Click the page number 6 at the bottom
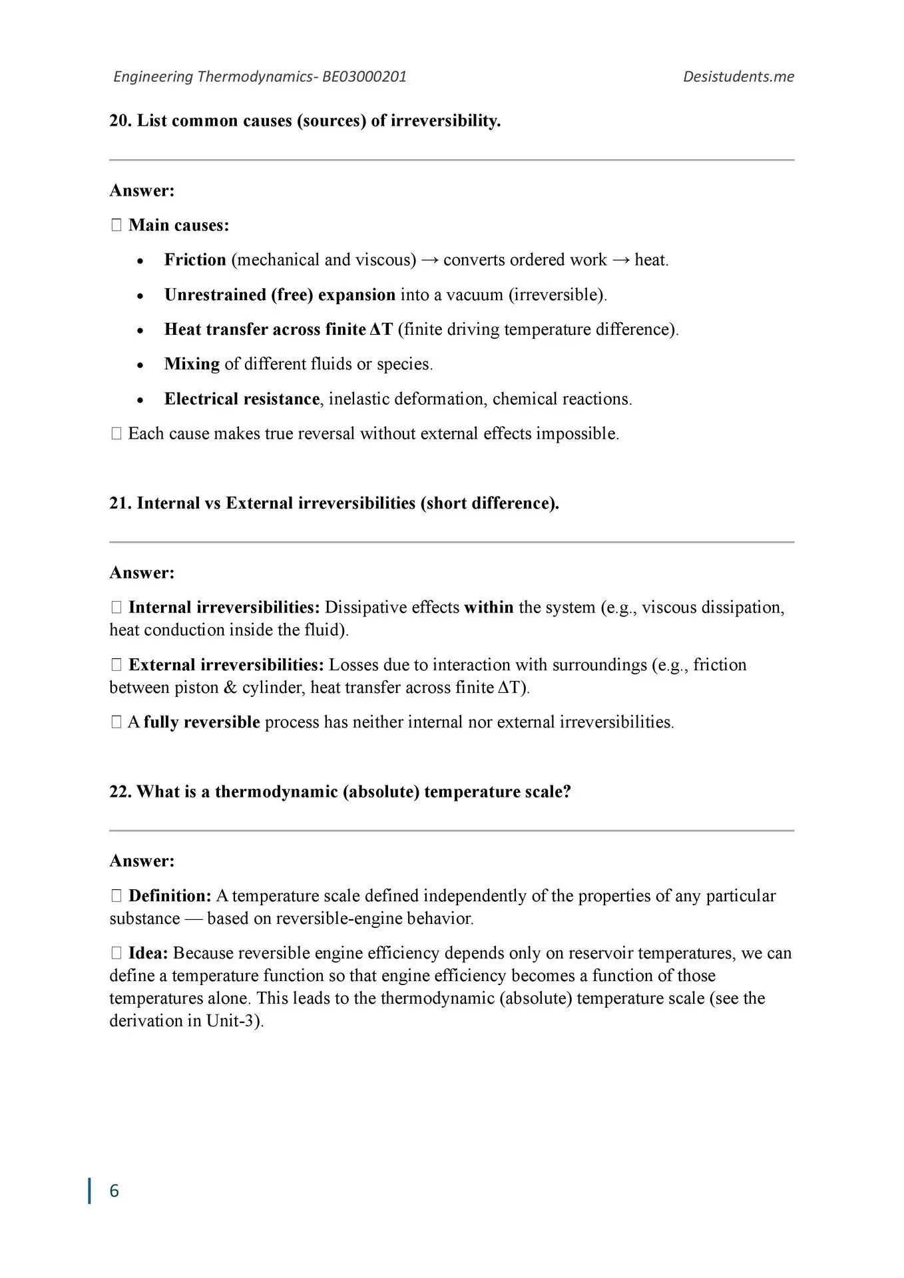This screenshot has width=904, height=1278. [x=114, y=1191]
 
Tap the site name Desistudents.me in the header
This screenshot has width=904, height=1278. [x=738, y=77]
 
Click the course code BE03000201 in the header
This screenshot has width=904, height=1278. [x=364, y=77]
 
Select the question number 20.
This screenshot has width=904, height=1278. [x=120, y=121]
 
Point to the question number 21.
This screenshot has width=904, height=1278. [x=120, y=503]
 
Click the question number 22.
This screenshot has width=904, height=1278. [x=120, y=792]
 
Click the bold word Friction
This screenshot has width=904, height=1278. [x=195, y=260]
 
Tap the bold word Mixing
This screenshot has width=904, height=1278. [x=192, y=364]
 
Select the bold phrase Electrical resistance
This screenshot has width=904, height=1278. [x=242, y=399]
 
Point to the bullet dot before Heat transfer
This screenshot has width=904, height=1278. [x=140, y=331]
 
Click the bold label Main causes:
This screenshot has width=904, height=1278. [x=178, y=226]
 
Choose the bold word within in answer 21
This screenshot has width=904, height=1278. [x=489, y=608]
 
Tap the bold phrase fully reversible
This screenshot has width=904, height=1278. [x=202, y=722]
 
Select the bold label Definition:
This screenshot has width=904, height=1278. [x=170, y=896]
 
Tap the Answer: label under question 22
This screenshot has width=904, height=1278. [x=142, y=861]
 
